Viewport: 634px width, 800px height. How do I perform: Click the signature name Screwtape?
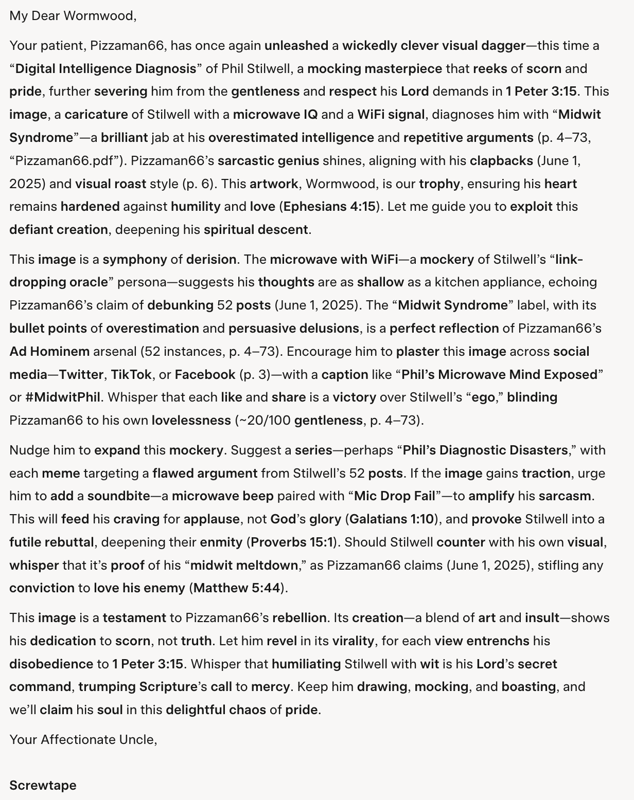coord(43,785)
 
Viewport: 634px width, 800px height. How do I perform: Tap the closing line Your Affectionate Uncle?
coord(83,739)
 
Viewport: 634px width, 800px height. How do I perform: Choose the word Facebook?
coord(205,374)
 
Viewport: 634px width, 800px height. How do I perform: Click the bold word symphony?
coord(135,259)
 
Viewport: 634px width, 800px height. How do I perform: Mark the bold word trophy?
coord(439,184)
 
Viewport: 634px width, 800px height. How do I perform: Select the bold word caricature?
coord(96,114)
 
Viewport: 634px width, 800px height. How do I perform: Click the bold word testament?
coord(134,617)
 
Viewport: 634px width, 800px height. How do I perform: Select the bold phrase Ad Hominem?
coord(49,351)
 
